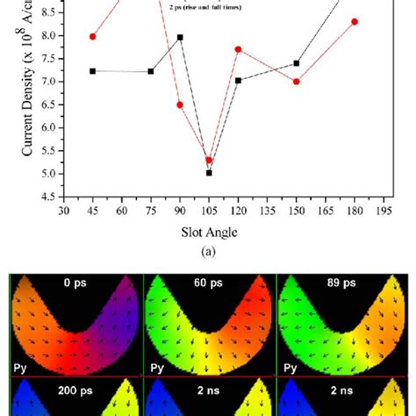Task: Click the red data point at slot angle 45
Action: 93,37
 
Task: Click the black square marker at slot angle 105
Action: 209,173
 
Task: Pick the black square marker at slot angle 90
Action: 180,37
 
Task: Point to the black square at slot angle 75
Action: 151,71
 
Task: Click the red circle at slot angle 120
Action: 238,49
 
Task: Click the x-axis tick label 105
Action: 209,212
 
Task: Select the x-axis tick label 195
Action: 383,212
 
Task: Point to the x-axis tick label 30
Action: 64,212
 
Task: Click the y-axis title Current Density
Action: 28,88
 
